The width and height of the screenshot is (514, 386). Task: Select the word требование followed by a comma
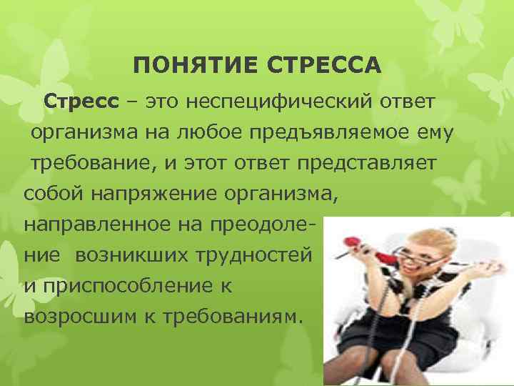(89, 163)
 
